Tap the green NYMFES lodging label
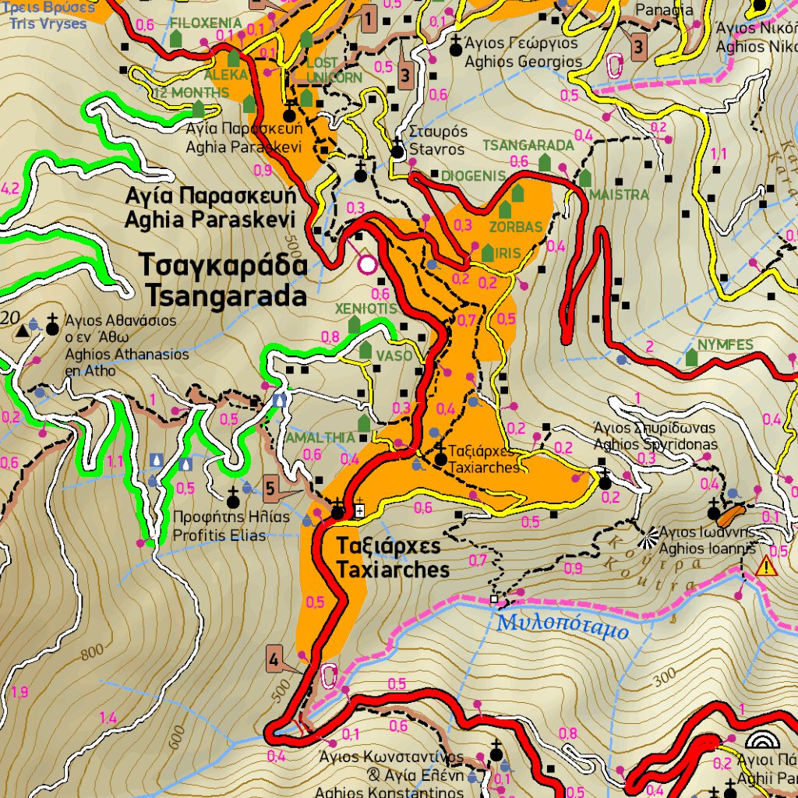725,344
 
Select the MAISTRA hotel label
620,194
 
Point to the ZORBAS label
515,228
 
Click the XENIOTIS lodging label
366,309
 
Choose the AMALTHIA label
320,438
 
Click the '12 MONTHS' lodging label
191,93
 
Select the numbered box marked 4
274,659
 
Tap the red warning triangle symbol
766,567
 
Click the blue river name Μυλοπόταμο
562,624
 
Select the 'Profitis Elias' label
219,535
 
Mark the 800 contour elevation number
91,651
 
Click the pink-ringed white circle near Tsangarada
367,265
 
